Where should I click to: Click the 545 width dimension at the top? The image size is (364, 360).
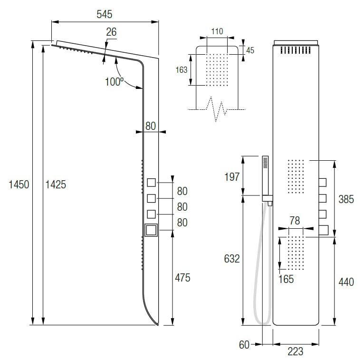point(105,14)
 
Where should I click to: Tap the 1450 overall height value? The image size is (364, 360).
point(19,185)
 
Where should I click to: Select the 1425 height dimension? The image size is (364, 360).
point(56,185)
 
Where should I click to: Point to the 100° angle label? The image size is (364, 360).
point(114,82)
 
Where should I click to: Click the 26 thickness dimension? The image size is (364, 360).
point(111,32)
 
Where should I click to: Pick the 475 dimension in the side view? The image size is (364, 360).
point(182,278)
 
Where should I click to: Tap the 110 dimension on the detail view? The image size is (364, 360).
point(217,31)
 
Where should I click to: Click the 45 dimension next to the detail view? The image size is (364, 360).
point(250,50)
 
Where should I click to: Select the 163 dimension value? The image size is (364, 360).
point(182,70)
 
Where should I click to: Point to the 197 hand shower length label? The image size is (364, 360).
point(232,177)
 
